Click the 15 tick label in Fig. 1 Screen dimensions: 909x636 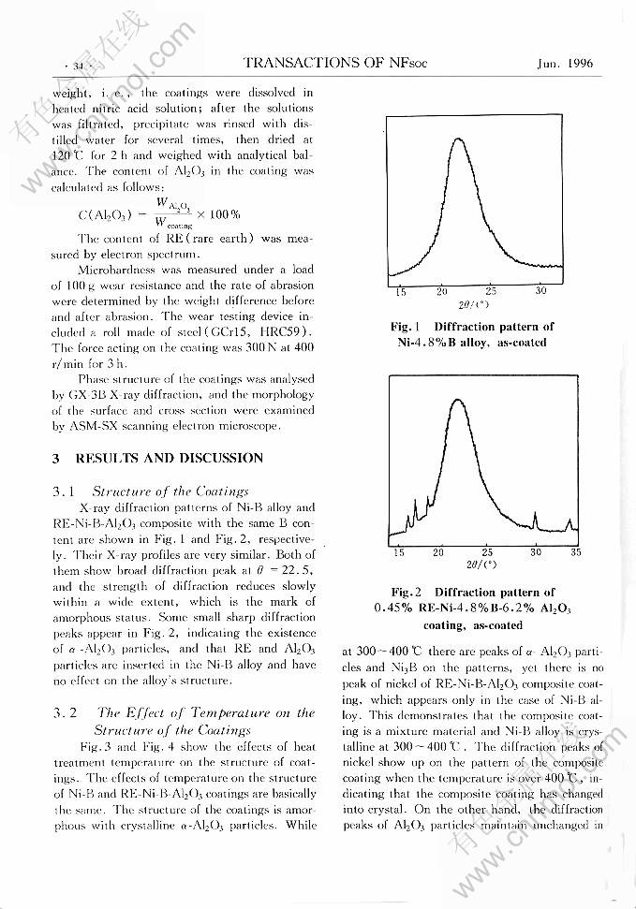401,292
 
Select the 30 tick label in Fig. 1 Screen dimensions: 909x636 540,292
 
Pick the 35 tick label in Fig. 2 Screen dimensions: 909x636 575,552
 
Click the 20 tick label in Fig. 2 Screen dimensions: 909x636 438,552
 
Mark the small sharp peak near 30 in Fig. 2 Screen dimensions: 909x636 534,517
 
